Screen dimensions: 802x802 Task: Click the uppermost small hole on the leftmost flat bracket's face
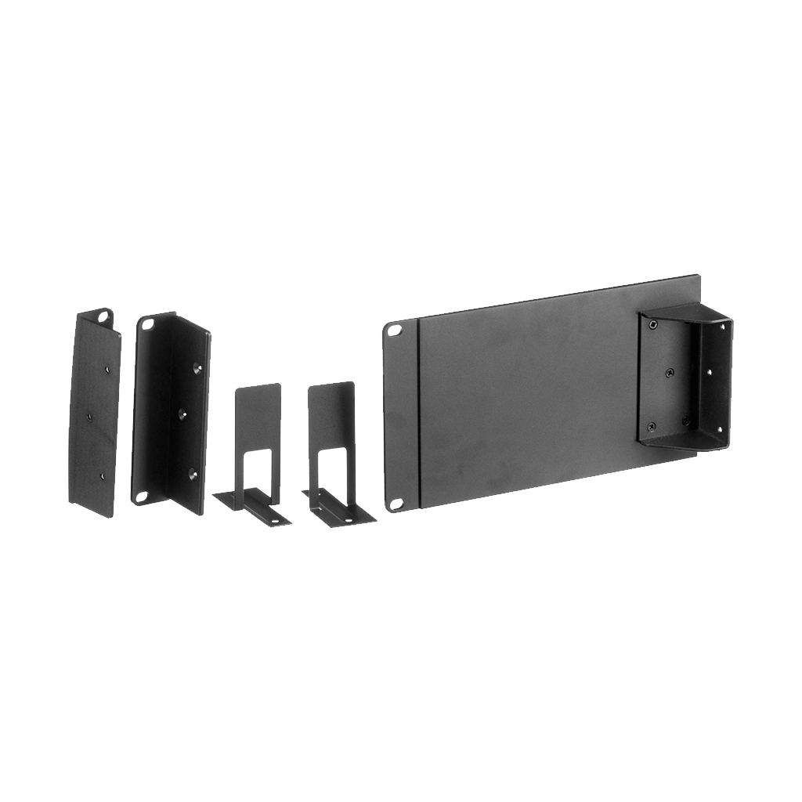click(x=106, y=363)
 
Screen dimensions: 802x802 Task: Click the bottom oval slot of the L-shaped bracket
click(x=142, y=496)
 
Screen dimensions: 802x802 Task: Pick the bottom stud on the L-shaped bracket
click(x=192, y=473)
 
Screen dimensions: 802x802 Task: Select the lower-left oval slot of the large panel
click(x=396, y=503)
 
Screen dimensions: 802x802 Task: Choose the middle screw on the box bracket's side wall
click(x=710, y=374)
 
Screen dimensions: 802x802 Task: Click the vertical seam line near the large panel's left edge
click(x=420, y=411)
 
